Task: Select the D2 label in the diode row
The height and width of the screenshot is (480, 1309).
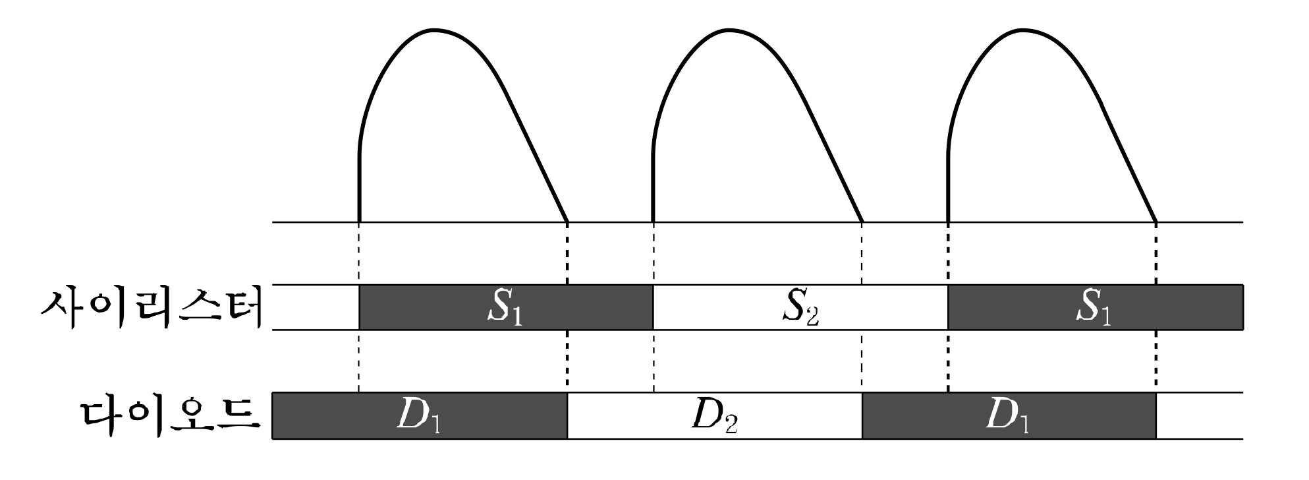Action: [715, 416]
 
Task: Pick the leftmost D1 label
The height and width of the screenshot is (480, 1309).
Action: [418, 416]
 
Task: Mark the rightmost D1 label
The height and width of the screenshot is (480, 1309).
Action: [1007, 416]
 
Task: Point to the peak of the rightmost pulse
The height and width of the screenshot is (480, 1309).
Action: [1023, 30]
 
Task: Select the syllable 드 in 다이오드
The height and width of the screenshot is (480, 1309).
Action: [235, 415]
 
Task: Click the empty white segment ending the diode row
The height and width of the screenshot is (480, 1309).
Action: [1199, 416]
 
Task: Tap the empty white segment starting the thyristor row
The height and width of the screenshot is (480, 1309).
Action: [316, 308]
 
